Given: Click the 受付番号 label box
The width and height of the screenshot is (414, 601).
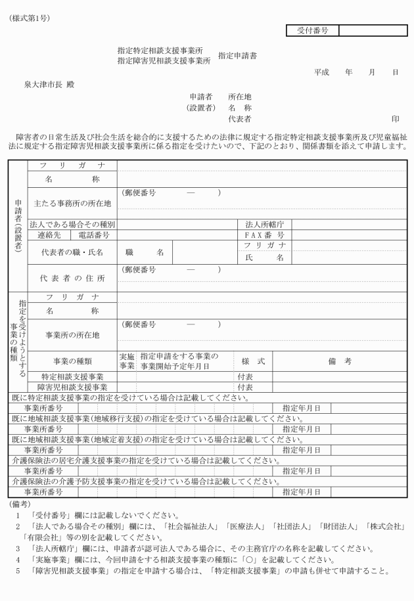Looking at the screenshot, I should [x=313, y=30].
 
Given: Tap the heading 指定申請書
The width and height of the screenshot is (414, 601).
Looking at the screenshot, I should [x=237, y=56].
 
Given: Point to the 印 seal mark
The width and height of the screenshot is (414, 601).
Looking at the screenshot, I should [x=396, y=120].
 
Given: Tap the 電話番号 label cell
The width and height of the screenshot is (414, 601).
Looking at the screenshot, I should [x=93, y=234].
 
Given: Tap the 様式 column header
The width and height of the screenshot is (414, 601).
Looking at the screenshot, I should [x=253, y=361].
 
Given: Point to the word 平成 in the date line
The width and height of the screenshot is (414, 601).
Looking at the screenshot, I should [x=321, y=72].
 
